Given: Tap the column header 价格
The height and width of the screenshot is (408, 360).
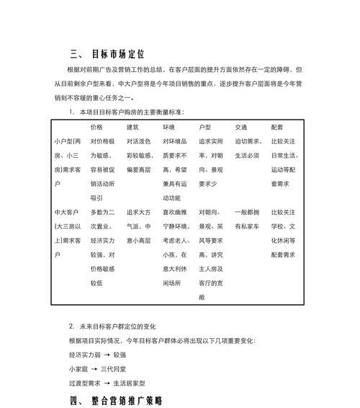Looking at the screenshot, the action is coord(96,127).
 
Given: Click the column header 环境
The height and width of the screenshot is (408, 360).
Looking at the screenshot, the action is coord(169,127).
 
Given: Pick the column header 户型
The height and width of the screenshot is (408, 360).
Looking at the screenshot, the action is coord(205,127).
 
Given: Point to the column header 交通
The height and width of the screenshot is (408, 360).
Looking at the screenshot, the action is coord(241,127).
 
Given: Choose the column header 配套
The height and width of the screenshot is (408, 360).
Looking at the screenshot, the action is coord(278,127).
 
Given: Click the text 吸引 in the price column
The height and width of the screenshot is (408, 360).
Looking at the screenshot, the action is coord(96,198).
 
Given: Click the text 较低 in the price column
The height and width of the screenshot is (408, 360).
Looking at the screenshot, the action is coord(96,283).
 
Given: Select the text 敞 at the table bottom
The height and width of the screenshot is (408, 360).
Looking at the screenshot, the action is coord(202,297).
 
